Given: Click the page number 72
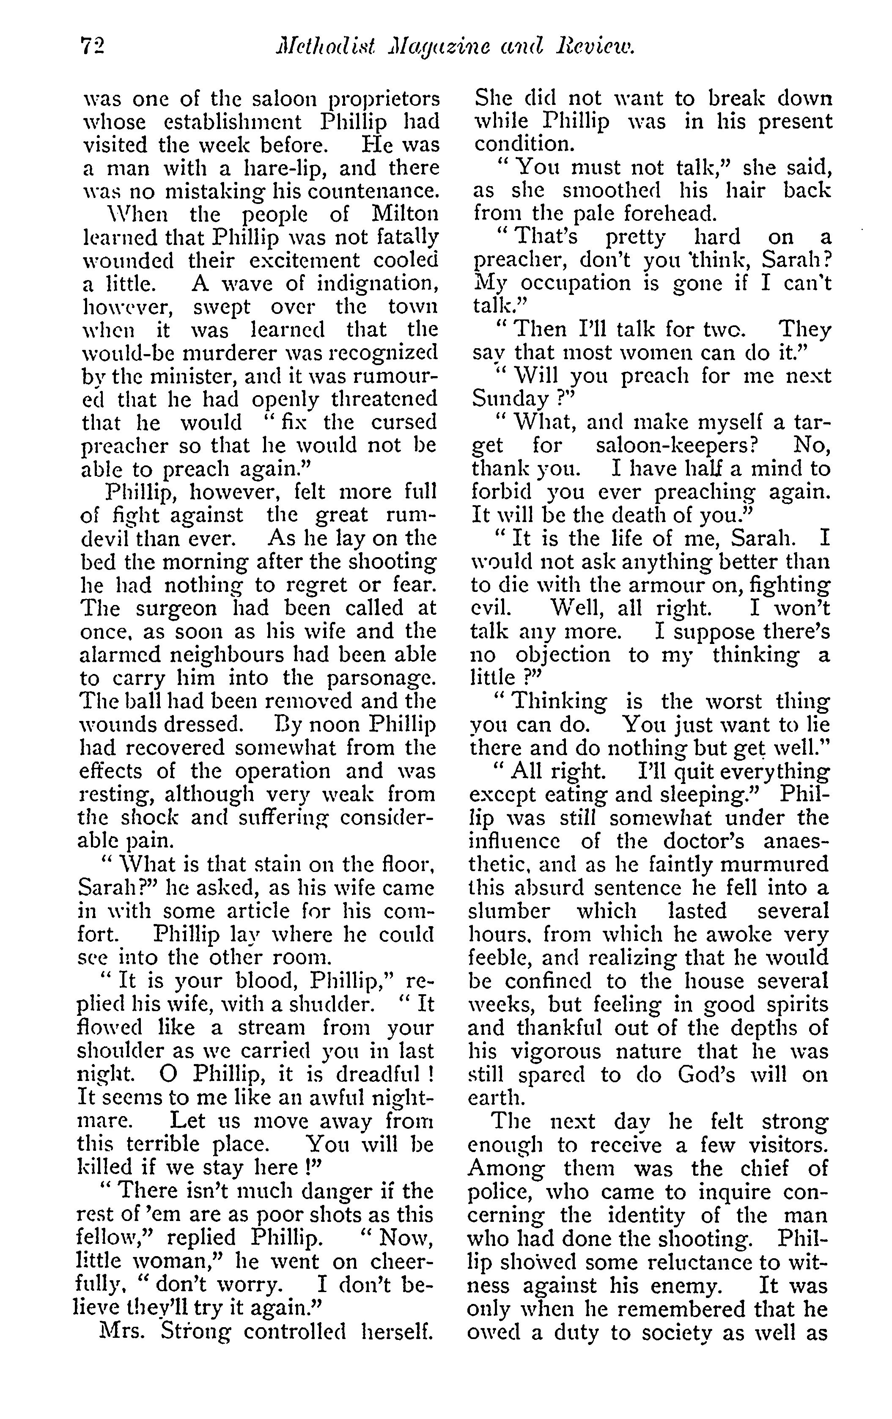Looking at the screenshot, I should click(x=91, y=46).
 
